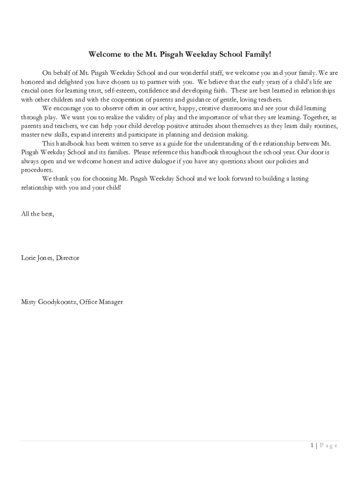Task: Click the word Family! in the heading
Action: point(257,55)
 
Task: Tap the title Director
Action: point(68,258)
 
